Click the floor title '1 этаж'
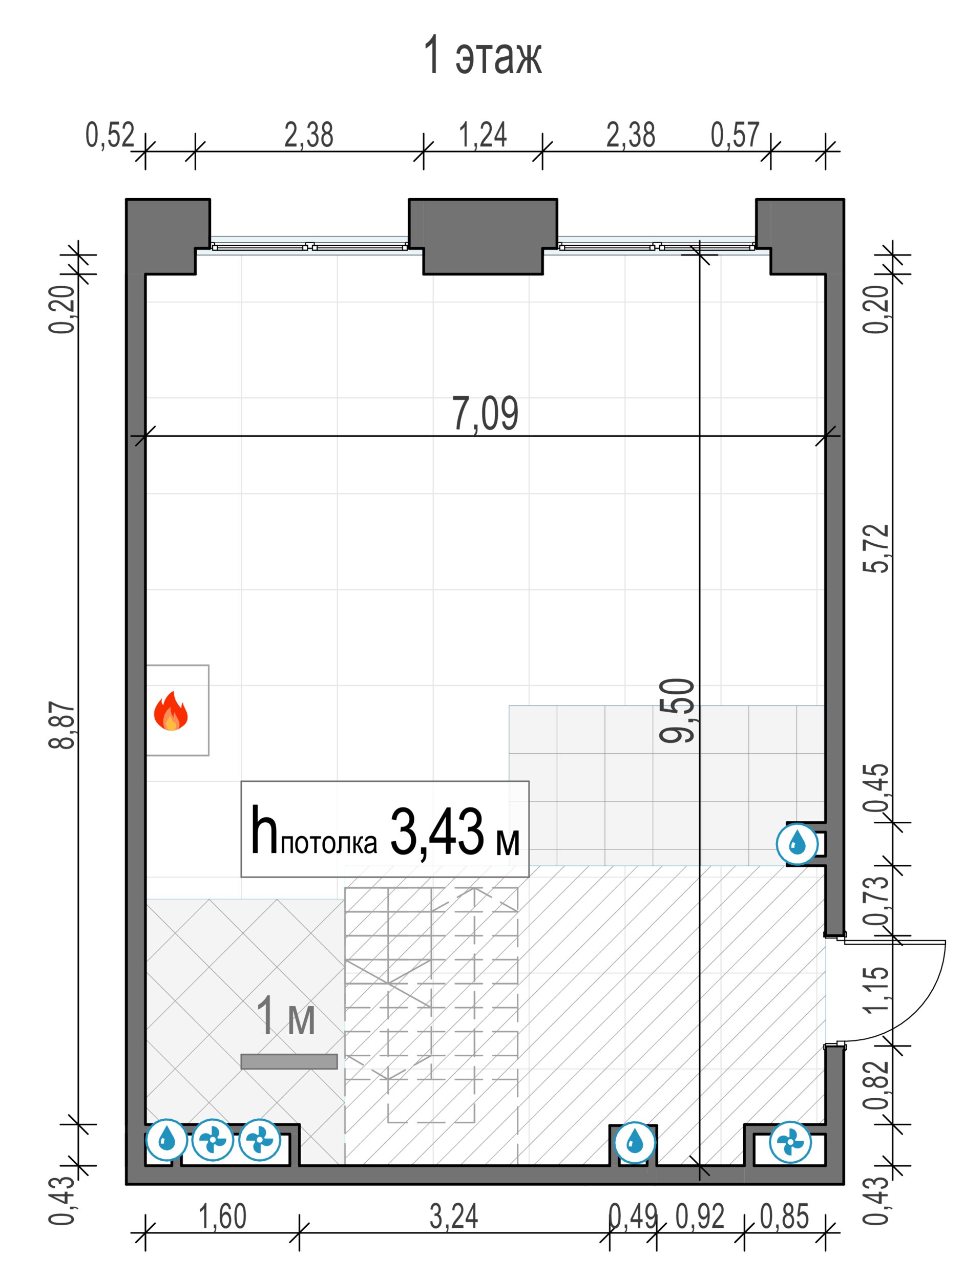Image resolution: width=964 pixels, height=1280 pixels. (x=483, y=57)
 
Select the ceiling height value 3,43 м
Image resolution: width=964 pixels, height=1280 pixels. (x=454, y=833)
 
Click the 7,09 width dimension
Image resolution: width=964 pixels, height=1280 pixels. (x=485, y=414)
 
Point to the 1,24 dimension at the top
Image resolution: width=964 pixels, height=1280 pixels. (x=483, y=135)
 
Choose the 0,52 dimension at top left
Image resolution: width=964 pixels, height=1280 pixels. (x=110, y=135)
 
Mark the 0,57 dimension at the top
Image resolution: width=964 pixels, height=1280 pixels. (x=735, y=135)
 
